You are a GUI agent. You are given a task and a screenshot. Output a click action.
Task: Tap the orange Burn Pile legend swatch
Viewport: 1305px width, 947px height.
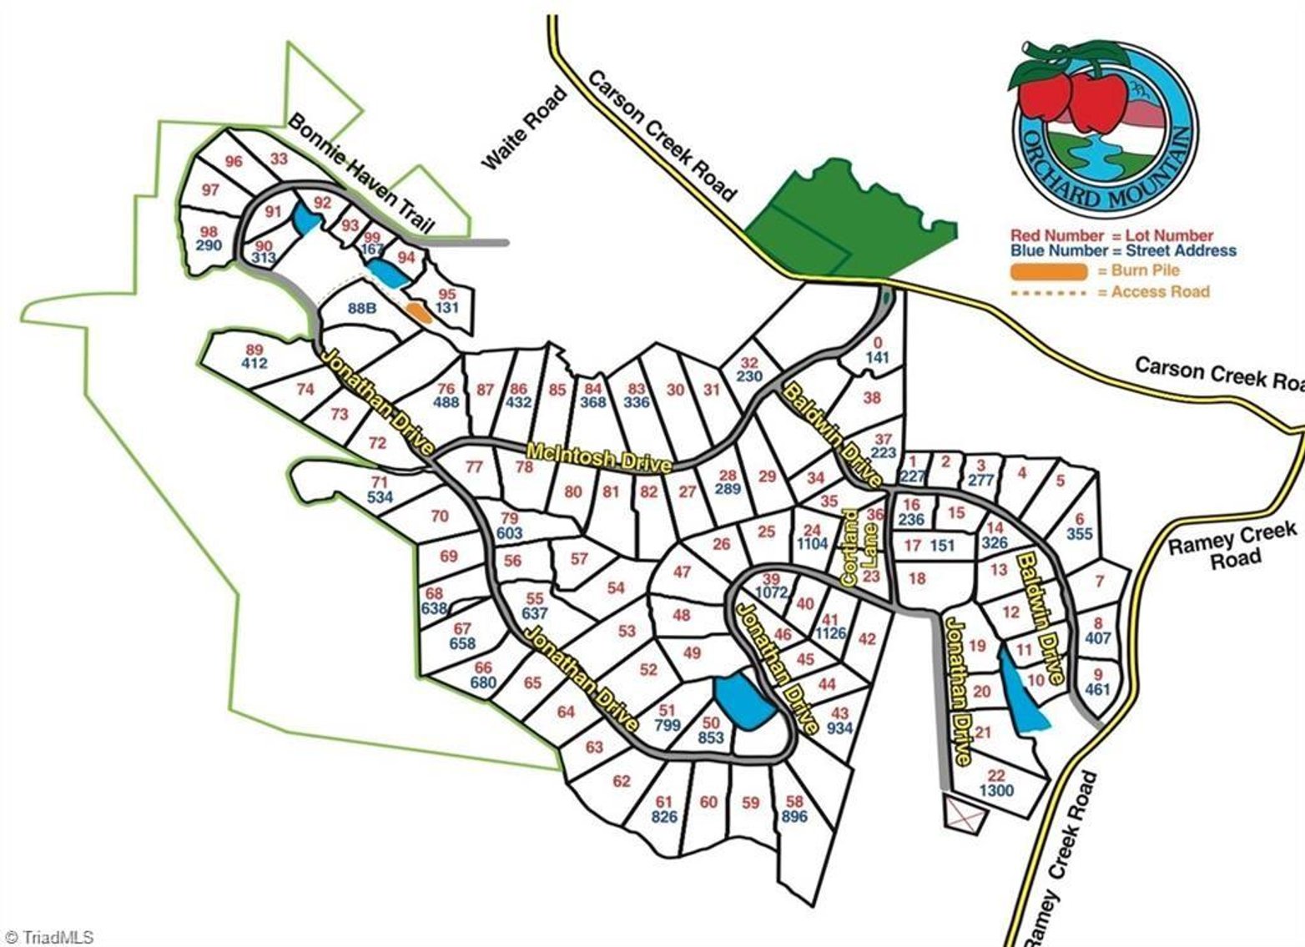click(1049, 271)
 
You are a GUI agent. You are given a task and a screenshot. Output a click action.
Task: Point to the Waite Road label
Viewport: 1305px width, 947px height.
click(524, 129)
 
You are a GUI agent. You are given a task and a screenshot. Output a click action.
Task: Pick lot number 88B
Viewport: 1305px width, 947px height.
click(362, 308)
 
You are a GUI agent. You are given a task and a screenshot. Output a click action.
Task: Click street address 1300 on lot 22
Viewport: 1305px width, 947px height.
click(996, 791)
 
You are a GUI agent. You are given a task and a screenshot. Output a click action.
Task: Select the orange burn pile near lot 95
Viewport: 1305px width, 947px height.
click(417, 312)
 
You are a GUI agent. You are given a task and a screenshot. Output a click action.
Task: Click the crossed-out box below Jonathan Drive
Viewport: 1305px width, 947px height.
click(965, 812)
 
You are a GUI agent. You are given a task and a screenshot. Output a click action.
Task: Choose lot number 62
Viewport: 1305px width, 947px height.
click(621, 781)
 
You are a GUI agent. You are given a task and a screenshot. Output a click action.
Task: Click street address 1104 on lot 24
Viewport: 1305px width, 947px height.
click(812, 544)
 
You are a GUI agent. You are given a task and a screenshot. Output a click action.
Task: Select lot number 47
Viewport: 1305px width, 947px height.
click(682, 572)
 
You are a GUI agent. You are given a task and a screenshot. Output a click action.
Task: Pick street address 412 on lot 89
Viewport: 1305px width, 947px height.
click(254, 363)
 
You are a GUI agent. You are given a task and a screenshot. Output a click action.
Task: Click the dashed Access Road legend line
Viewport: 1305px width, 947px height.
click(1049, 292)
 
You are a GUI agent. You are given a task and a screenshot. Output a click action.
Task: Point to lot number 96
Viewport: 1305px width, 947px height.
click(234, 161)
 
